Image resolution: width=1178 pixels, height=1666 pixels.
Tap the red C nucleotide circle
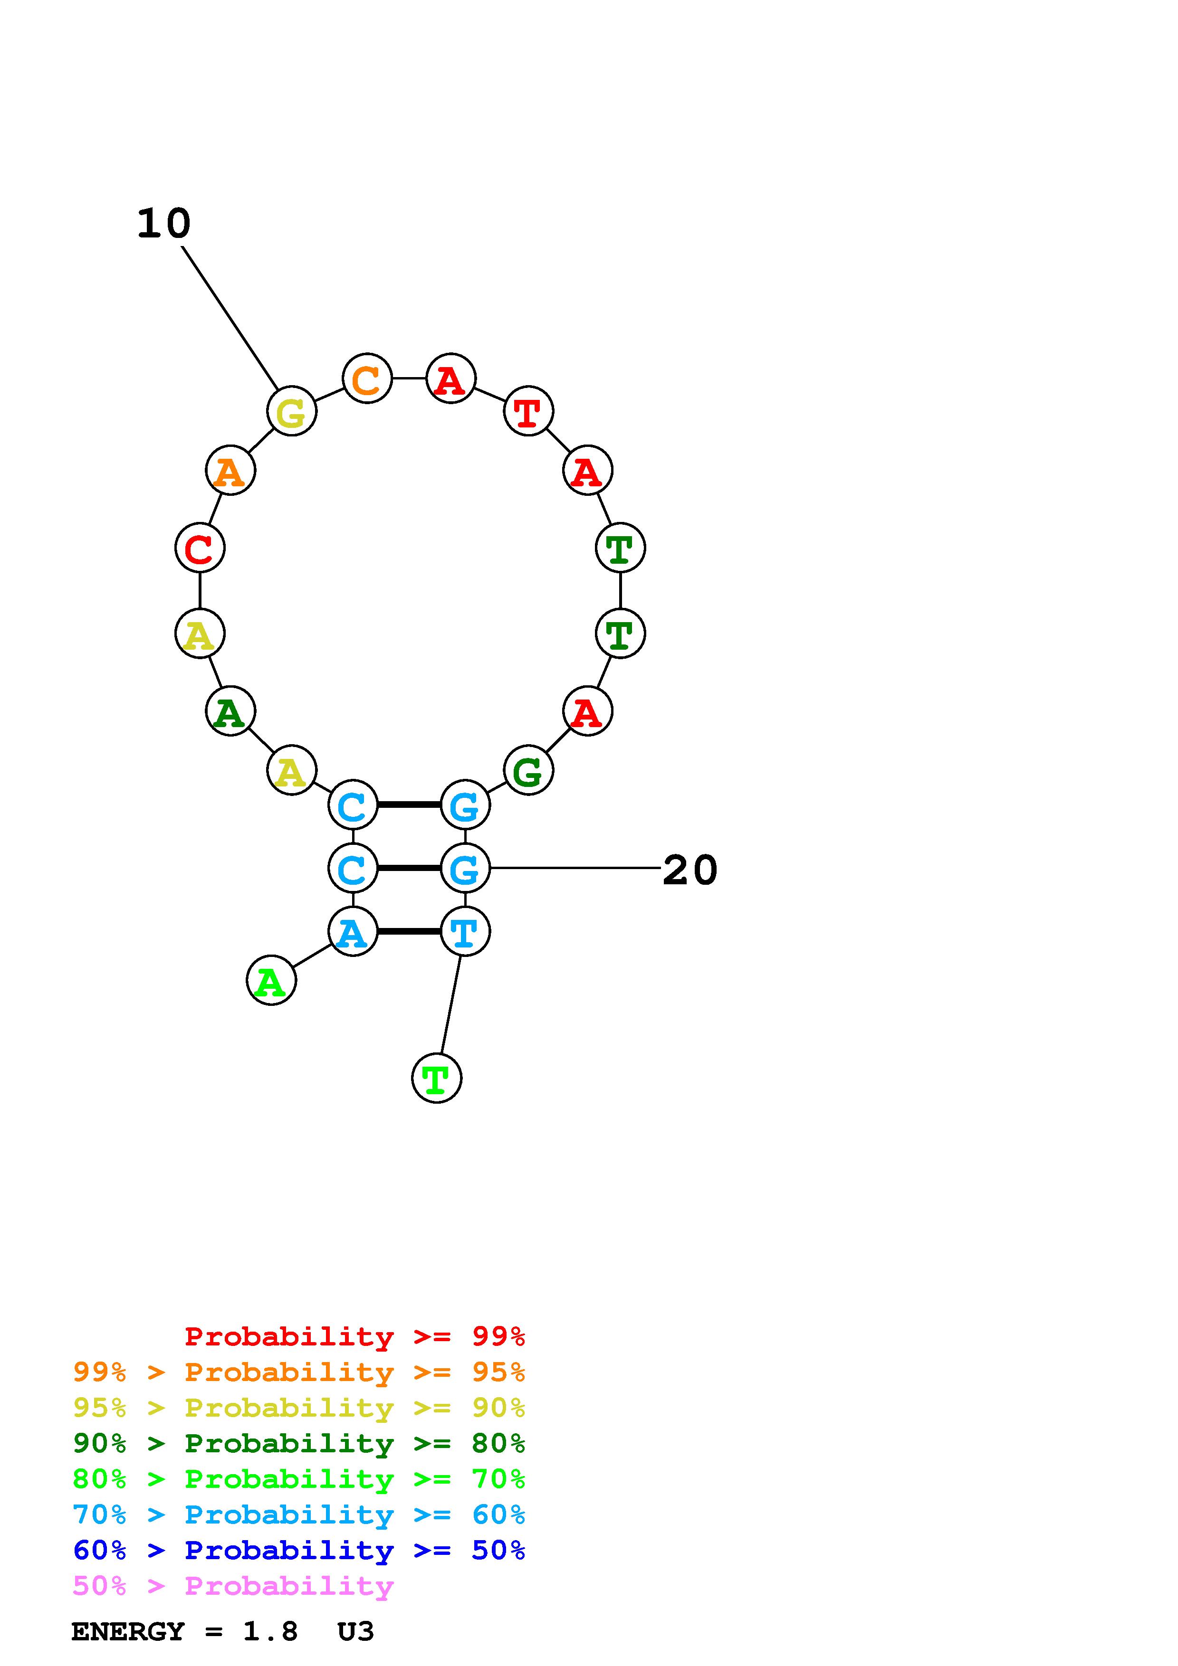[x=200, y=548]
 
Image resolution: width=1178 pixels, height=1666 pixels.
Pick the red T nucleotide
[x=528, y=411]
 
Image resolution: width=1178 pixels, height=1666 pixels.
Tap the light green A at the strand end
[x=271, y=981]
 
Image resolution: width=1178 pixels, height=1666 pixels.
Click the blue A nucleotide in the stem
[x=353, y=932]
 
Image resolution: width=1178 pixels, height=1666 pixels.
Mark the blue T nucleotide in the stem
[x=465, y=932]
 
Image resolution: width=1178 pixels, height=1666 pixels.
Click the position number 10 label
[x=164, y=224]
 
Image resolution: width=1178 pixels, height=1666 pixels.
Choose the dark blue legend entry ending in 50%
[x=298, y=1550]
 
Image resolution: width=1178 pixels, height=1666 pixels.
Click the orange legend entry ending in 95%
[x=298, y=1372]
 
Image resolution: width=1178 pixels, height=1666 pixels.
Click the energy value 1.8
[x=270, y=1632]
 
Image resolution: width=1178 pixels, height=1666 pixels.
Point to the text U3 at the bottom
[x=355, y=1632]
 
